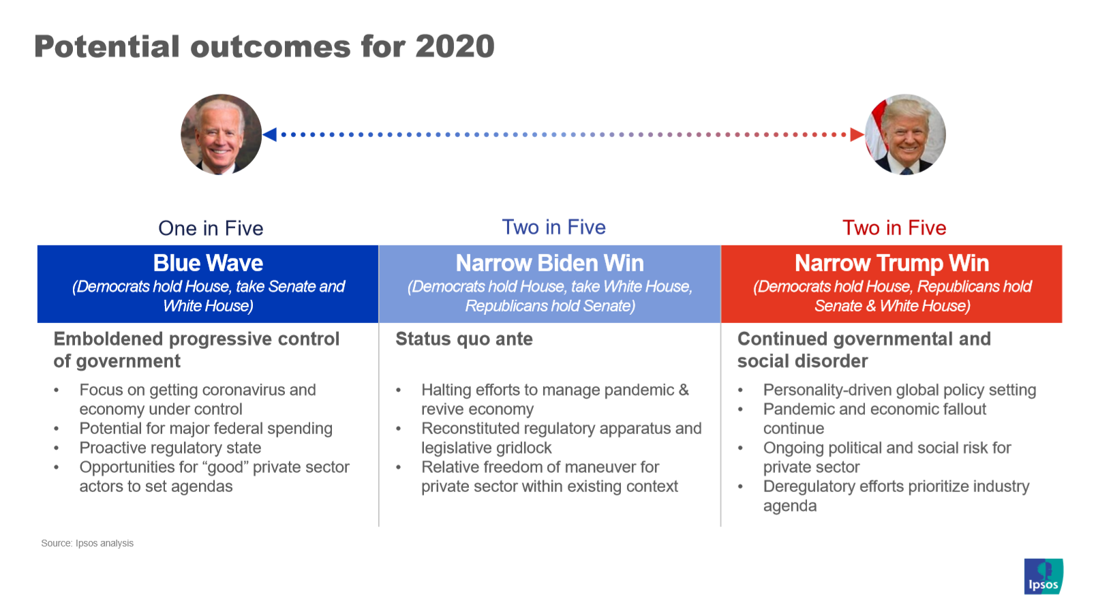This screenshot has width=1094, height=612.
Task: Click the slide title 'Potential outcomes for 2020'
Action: [x=264, y=47]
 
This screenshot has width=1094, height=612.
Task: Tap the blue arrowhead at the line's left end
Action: [x=270, y=134]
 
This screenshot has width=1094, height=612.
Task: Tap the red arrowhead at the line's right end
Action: [x=857, y=134]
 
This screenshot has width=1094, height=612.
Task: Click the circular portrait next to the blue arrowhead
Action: [x=222, y=134]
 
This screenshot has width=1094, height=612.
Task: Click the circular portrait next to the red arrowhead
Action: [x=905, y=134]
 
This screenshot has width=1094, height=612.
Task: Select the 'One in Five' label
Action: [x=211, y=228]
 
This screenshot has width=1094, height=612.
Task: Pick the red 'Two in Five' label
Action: [x=894, y=228]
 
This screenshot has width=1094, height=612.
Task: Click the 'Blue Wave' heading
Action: [x=208, y=263]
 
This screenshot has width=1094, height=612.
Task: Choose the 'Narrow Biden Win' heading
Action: [x=549, y=263]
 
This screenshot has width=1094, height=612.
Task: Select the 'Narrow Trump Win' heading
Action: [x=892, y=263]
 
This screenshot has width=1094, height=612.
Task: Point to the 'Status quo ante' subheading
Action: [x=464, y=339]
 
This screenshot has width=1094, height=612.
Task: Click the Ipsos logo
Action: [x=1044, y=577]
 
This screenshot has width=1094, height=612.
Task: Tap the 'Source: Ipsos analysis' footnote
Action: [x=87, y=543]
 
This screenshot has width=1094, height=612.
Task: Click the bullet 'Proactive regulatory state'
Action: [x=170, y=448]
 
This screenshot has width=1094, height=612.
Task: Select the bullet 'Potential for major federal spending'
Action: [x=206, y=429]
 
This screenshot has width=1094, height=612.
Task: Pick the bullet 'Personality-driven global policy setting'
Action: [x=900, y=390]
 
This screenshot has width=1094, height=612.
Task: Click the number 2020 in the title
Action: [x=455, y=47]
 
